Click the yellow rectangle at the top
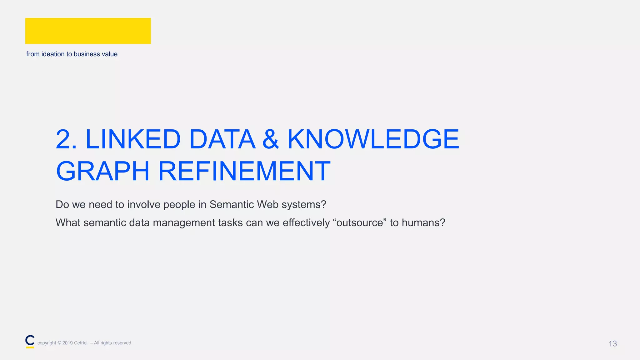pos(88,31)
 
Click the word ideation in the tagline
pos(53,54)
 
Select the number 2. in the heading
pos(66,139)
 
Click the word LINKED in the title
pos(133,139)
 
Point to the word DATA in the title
pos(222,139)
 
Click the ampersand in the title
pos(271,139)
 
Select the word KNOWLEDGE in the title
pos(373,139)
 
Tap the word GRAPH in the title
pos(103,171)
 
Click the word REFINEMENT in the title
pos(244,171)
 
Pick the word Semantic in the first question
pos(232,204)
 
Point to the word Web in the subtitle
pos(267,204)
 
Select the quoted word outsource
pos(360,223)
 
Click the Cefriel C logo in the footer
pos(30,341)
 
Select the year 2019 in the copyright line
pos(67,343)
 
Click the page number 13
pos(612,344)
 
